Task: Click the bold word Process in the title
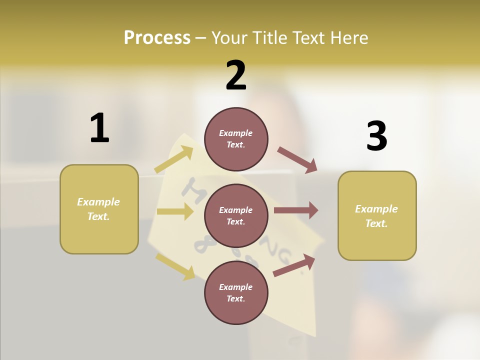(x=157, y=38)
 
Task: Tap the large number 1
(x=99, y=128)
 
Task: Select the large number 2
(x=236, y=75)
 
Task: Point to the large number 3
(x=376, y=136)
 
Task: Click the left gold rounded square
(x=99, y=209)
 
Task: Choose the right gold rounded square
(x=377, y=216)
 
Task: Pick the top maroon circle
(x=236, y=139)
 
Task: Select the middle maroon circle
(x=236, y=216)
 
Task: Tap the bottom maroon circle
(x=236, y=293)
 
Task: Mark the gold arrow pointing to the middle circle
(x=175, y=211)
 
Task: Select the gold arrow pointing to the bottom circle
(x=175, y=266)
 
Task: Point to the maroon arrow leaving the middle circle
(x=296, y=210)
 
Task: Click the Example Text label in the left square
(x=98, y=209)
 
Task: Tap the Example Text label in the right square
(x=376, y=216)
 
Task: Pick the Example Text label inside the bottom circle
(x=236, y=293)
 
